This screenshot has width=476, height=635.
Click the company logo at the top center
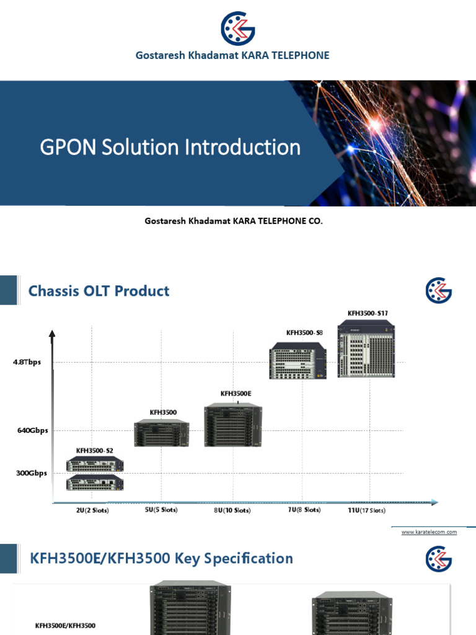238,29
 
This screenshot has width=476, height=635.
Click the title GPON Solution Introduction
170,148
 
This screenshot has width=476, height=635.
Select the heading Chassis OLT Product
99,291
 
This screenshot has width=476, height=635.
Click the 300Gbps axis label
32,473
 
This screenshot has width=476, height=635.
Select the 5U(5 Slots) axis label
161,510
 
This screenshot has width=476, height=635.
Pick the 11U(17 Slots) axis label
366,510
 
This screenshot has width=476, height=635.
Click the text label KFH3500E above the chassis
236,393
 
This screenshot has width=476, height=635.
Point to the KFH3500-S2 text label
95,450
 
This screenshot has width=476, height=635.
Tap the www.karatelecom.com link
429,532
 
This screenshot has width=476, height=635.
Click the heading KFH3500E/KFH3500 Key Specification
161,559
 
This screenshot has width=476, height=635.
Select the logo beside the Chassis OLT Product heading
439,290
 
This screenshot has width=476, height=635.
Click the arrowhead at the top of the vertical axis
53,335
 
